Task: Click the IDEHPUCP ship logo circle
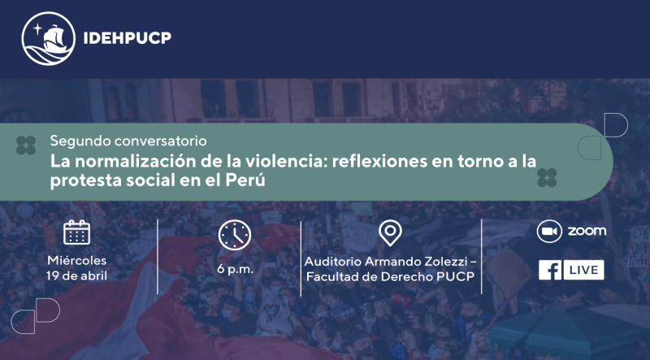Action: tap(48, 38)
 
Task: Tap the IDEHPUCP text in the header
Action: tap(128, 38)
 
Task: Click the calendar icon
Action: tap(76, 232)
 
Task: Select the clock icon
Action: tap(235, 235)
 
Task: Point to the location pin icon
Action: tap(390, 233)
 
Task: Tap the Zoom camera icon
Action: tap(549, 231)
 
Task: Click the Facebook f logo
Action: tap(550, 270)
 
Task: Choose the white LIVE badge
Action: tap(583, 270)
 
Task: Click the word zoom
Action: tap(587, 231)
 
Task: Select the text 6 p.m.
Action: tap(235, 269)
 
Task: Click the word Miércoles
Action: tap(76, 261)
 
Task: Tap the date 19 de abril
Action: tap(76, 275)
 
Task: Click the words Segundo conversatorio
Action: tap(128, 141)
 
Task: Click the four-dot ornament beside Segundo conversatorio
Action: tap(26, 145)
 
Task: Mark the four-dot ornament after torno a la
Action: tap(547, 178)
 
